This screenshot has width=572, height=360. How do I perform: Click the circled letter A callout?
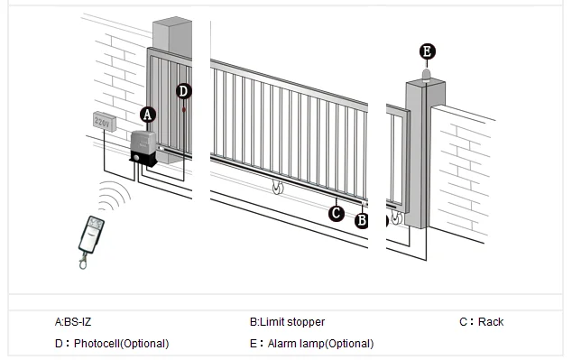(149, 115)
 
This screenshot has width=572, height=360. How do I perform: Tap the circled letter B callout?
(362, 218)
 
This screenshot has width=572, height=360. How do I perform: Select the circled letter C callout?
(336, 213)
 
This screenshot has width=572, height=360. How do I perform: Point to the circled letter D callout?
(184, 90)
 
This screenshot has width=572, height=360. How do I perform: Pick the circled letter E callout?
(427, 51)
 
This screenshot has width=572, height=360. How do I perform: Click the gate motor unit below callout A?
(143, 149)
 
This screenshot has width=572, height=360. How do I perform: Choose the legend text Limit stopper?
(287, 322)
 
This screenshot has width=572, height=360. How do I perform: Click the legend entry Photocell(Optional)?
(112, 344)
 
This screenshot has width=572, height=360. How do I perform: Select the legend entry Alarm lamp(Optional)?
(311, 344)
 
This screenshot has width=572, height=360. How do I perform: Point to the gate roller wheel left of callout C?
(278, 189)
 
